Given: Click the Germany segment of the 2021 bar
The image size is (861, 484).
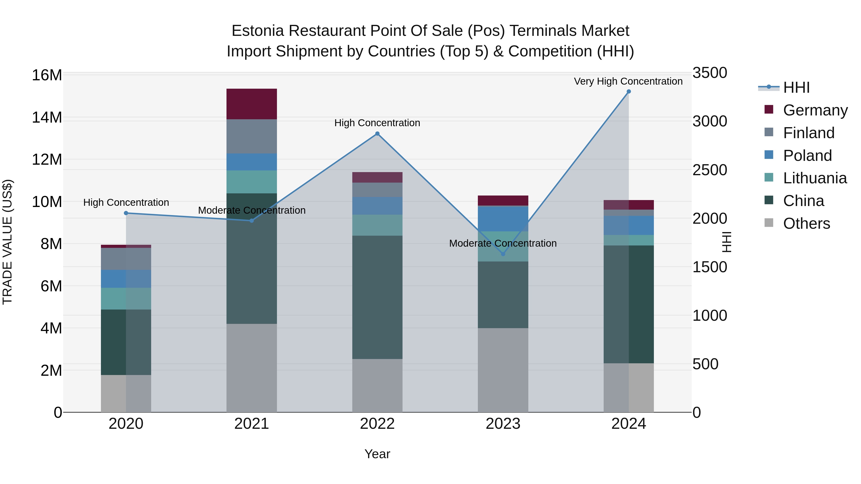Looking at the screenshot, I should (251, 104).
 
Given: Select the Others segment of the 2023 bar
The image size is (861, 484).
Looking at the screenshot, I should (503, 370).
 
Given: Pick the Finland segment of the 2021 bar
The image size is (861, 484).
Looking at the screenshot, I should (251, 136).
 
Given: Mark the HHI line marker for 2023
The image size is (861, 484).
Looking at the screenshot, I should (503, 254).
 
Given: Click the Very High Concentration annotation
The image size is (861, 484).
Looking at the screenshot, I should (628, 82).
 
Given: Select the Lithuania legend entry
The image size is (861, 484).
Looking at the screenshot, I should (815, 178).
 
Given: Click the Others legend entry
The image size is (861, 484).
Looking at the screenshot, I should (806, 223).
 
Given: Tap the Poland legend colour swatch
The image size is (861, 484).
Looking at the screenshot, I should (769, 155).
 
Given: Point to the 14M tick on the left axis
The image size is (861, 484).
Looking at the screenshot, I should (47, 118).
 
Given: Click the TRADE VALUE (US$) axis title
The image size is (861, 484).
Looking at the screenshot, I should (7, 242).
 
